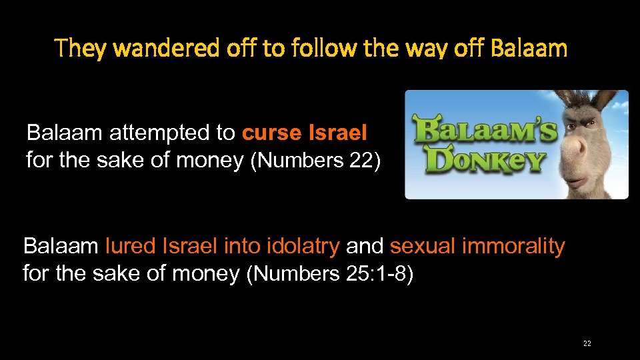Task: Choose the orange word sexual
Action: [x=422, y=246]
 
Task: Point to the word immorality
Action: [x=513, y=246]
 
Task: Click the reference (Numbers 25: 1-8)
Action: [x=330, y=274]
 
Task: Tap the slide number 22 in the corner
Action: [x=587, y=343]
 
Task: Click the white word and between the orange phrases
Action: [x=365, y=246]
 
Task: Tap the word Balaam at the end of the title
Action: [x=529, y=49]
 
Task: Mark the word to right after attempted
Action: [x=225, y=133]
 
